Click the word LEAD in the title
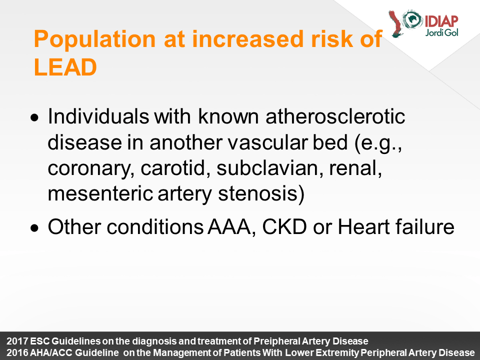point(65,67)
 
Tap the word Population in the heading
point(95,39)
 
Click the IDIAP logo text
point(441,21)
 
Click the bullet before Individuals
point(35,117)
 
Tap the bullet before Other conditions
point(35,228)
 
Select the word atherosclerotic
point(335,116)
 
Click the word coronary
point(91,169)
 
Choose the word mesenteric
point(100,193)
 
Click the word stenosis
point(261,194)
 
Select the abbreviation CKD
point(284,227)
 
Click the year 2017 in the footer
point(17,341)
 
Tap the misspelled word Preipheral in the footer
point(277,341)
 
